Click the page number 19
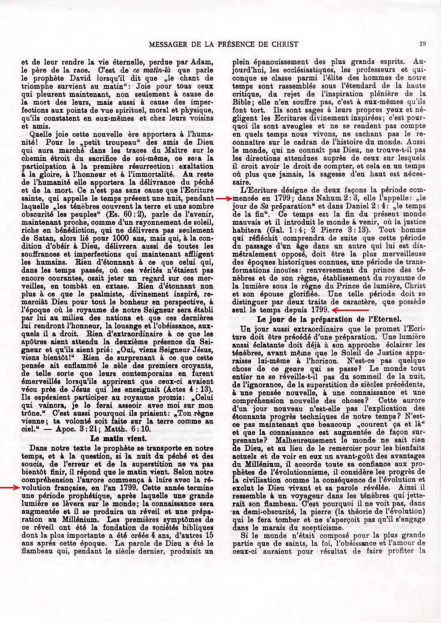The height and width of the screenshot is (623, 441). pos(422,43)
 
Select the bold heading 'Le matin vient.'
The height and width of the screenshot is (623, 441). pos(118,439)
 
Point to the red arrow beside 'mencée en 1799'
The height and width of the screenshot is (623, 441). pos(223,198)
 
